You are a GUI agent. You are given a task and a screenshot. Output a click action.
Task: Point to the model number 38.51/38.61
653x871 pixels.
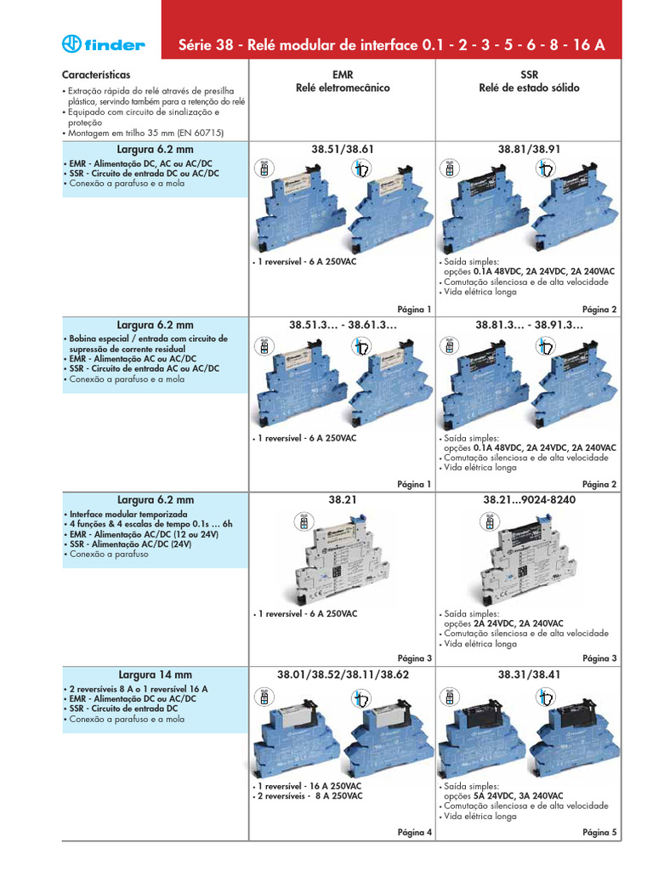(344, 149)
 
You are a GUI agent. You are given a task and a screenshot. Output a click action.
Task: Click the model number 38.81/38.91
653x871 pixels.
(528, 149)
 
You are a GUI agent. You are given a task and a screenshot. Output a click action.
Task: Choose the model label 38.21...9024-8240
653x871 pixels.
(528, 499)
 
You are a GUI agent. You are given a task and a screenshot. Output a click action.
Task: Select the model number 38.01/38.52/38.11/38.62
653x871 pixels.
(344, 675)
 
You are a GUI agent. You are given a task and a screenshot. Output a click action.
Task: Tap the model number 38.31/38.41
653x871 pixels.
(528, 675)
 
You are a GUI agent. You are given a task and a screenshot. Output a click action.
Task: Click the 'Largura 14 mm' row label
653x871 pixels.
(156, 675)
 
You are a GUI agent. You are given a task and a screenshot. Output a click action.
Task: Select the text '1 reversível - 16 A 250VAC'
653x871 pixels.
(309, 787)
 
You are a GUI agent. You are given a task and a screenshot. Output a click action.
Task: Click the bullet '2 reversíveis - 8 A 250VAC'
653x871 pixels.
(309, 796)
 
